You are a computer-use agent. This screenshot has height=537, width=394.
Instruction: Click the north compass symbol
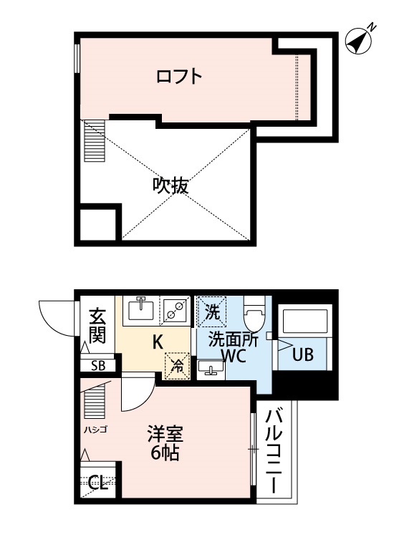coord(360,41)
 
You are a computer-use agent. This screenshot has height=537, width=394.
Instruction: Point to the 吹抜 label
coord(170,186)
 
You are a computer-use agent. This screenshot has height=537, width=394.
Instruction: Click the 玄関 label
coord(97,324)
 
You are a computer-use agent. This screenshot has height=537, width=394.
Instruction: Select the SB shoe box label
coord(97,366)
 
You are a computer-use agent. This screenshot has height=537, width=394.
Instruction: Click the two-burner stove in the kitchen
coord(175,309)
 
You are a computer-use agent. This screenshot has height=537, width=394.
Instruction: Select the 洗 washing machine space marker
coord(212,311)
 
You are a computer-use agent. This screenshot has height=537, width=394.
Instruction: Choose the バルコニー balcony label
coord(277,450)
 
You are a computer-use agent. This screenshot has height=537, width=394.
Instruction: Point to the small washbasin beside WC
coord(209,369)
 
